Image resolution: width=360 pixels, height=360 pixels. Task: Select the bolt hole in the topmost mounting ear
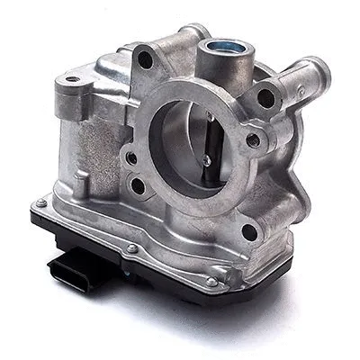click(145, 60)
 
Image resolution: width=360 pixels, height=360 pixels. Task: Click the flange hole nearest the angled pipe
click(266, 98)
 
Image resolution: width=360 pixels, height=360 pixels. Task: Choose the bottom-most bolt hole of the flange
click(250, 231)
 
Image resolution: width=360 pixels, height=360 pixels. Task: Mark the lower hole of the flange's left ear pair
click(138, 186)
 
